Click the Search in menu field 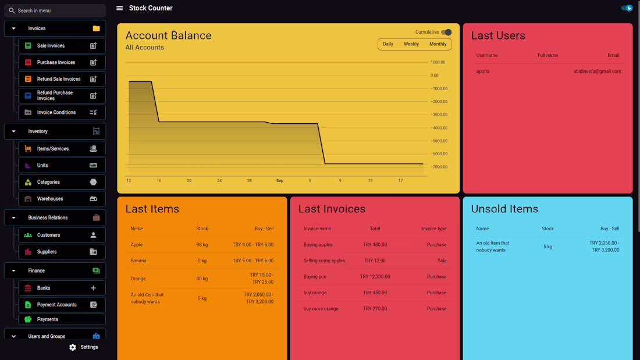(55, 10)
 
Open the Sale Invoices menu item (51, 46)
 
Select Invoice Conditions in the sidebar (56, 112)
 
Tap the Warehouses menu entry (50, 199)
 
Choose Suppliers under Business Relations (47, 252)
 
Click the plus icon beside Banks (93, 288)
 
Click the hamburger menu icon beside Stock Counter (119, 8)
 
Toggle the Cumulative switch (446, 33)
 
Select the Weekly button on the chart (411, 44)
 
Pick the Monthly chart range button (438, 44)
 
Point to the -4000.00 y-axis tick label (438, 128)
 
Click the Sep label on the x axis (280, 181)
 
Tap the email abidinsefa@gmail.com (597, 72)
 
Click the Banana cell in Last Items (138, 261)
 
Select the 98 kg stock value (202, 245)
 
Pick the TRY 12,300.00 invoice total (375, 277)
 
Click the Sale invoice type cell (442, 261)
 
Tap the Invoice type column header (433, 229)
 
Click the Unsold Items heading (504, 209)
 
